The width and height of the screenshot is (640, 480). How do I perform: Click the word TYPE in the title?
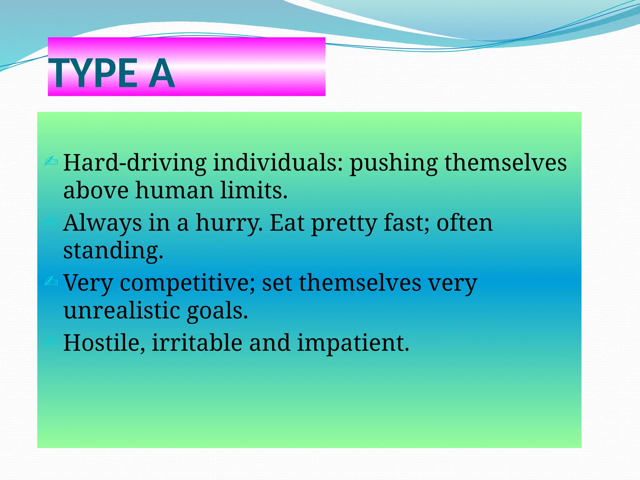coord(93,73)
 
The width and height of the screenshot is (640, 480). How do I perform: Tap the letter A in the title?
coord(161,73)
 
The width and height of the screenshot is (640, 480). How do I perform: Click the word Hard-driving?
coord(134,163)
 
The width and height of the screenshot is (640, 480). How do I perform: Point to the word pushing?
coord(393,163)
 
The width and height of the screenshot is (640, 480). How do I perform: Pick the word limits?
coord(253,191)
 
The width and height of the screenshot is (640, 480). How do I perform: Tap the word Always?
coord(102,223)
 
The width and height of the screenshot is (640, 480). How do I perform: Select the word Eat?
coord(287,223)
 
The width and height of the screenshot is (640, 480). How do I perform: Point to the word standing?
coord(113,251)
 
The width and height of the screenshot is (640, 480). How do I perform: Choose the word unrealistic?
coord(122,311)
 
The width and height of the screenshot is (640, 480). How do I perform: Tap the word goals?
coord(217,311)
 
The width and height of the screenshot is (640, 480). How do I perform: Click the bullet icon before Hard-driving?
coord(51,161)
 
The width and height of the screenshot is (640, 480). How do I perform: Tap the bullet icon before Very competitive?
coord(51,281)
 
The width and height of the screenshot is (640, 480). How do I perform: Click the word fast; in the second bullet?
coord(406,223)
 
